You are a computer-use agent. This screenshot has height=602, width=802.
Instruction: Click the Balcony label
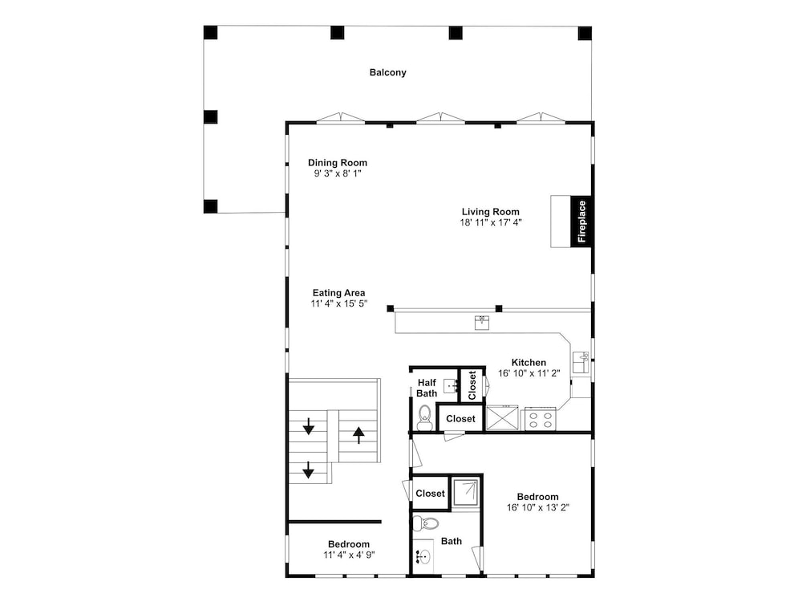click(x=387, y=73)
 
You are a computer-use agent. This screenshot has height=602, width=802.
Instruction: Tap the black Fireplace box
click(x=581, y=222)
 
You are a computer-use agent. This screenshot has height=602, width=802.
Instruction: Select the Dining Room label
click(x=337, y=163)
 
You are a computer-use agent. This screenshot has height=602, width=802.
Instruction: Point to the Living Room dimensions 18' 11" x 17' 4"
click(x=491, y=222)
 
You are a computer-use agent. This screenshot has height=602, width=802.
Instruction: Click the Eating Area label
click(x=338, y=293)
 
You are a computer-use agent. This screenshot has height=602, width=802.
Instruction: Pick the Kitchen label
click(x=529, y=363)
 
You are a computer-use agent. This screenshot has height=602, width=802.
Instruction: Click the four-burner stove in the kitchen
click(x=540, y=418)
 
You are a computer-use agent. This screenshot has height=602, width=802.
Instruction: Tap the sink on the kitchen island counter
click(x=482, y=323)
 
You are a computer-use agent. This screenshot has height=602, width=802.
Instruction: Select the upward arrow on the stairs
click(x=358, y=435)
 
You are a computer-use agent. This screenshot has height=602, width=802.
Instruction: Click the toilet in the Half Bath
click(x=424, y=417)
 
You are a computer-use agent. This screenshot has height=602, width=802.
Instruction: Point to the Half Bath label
click(x=427, y=388)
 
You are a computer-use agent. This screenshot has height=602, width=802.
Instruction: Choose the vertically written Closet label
click(x=472, y=385)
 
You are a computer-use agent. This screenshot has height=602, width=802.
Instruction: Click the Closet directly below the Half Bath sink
click(x=460, y=419)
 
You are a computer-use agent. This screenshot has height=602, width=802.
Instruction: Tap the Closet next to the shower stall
click(x=430, y=494)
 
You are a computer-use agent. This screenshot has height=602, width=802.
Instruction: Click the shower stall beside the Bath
click(x=466, y=493)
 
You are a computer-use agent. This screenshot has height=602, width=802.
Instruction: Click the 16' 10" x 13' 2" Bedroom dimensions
click(x=538, y=508)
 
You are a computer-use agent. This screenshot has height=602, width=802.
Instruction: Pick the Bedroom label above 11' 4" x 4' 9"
click(x=349, y=544)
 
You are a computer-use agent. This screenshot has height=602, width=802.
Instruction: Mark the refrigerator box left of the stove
click(x=502, y=418)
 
